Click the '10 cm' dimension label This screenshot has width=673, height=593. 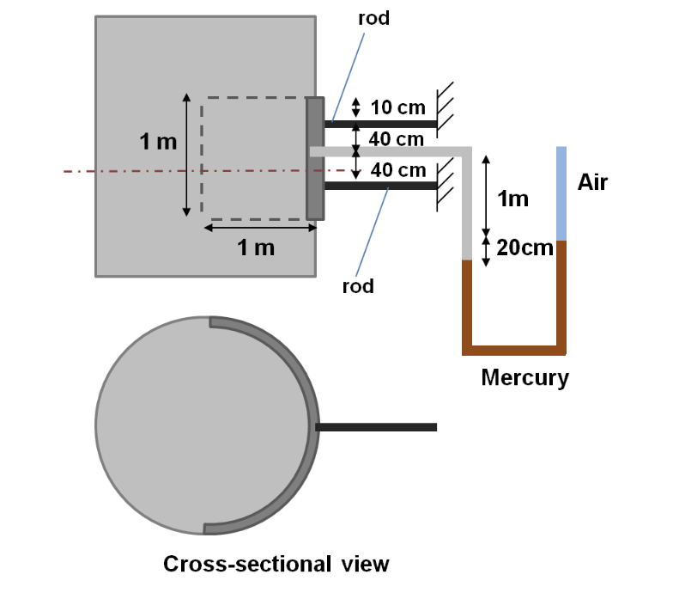[x=397, y=108]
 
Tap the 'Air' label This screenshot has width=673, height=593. [x=592, y=181]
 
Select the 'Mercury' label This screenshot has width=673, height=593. [x=524, y=377]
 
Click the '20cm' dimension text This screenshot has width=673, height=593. [x=524, y=249]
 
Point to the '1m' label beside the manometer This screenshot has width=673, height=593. [x=513, y=199]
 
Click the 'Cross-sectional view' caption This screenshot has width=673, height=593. [x=276, y=564]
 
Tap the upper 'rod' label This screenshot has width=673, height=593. [x=373, y=18]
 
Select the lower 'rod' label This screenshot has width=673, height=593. [x=358, y=286]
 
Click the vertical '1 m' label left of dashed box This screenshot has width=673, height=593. [x=159, y=142]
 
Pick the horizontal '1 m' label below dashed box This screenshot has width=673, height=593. [x=256, y=248]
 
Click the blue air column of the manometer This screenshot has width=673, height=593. [x=561, y=193]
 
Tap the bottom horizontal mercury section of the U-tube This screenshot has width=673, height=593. [x=513, y=350]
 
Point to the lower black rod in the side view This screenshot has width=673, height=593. [x=380, y=186]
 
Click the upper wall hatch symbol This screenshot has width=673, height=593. [x=446, y=108]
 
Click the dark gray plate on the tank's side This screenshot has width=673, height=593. [x=316, y=159]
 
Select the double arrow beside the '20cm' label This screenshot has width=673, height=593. [x=487, y=250]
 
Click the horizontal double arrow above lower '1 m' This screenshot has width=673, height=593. [x=260, y=228]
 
